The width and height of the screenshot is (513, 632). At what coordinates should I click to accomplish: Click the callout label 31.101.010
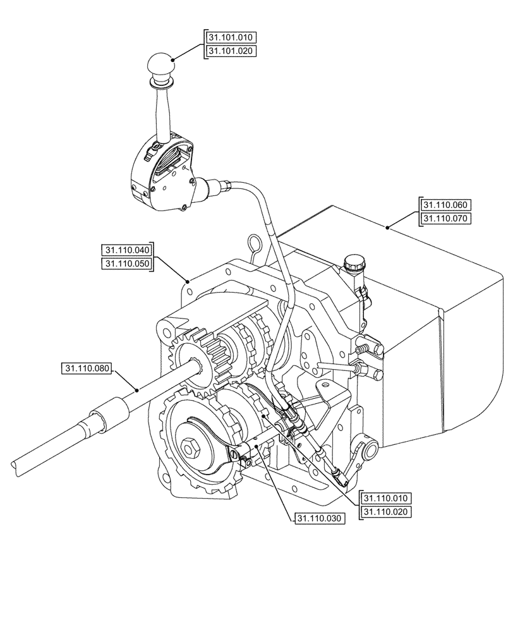pyautogui.click(x=231, y=38)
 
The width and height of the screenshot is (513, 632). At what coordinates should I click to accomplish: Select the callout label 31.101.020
pyautogui.click(x=231, y=51)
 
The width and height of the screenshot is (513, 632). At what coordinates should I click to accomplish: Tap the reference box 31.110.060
pyautogui.click(x=446, y=205)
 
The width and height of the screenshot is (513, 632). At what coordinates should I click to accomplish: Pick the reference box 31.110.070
pyautogui.click(x=446, y=219)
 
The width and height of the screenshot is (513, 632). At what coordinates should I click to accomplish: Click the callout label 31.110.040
pyautogui.click(x=128, y=250)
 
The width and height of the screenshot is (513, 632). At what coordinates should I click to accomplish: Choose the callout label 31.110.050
pyautogui.click(x=128, y=264)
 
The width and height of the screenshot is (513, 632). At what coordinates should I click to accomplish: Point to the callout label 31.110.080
pyautogui.click(x=87, y=368)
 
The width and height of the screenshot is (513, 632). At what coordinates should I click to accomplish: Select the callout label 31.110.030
pyautogui.click(x=319, y=519)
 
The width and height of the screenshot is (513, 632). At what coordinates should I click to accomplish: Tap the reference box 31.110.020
pyautogui.click(x=386, y=513)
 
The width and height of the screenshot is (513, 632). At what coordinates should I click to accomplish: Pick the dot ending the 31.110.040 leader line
pyautogui.click(x=188, y=279)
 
